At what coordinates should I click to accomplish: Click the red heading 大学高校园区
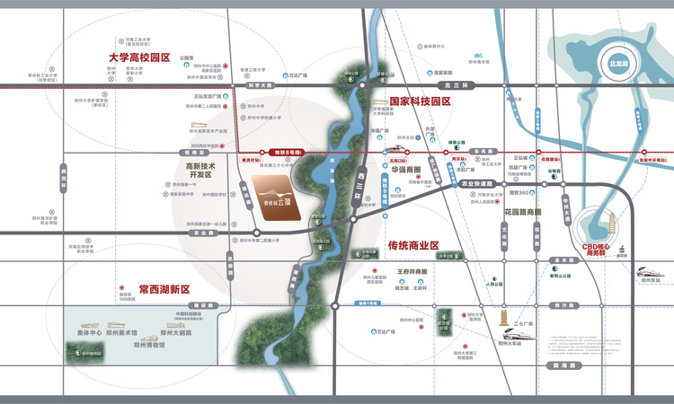pyautogui.click(x=139, y=57)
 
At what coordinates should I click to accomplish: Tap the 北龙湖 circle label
pyautogui.click(x=616, y=65)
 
